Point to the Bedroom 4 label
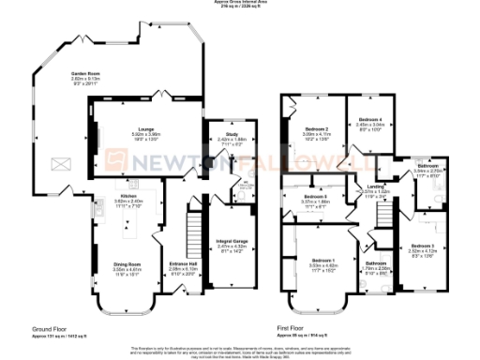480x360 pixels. [372, 119]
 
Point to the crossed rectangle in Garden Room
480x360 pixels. [60, 163]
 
